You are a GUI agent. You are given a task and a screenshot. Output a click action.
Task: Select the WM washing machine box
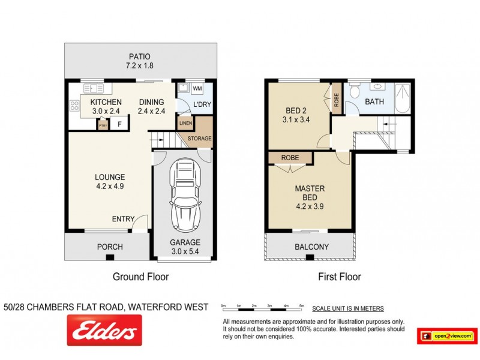[197, 89]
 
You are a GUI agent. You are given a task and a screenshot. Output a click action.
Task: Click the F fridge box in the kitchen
[119, 125]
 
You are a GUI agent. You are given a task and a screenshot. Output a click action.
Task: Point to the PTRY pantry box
[103, 125]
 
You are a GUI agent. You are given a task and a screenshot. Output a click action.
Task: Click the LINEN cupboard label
[185, 124]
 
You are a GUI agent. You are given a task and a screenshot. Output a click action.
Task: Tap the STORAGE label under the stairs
[199, 139]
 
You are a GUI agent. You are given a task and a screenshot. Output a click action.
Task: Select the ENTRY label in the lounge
[123, 220]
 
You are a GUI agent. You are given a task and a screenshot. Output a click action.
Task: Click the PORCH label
[110, 247]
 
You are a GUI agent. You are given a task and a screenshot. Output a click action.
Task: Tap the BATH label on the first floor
[374, 102]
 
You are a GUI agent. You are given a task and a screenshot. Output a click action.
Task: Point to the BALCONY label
[311, 247]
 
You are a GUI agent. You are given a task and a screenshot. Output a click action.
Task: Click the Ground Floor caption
[140, 277]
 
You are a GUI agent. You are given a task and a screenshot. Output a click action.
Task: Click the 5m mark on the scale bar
[302, 305]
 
